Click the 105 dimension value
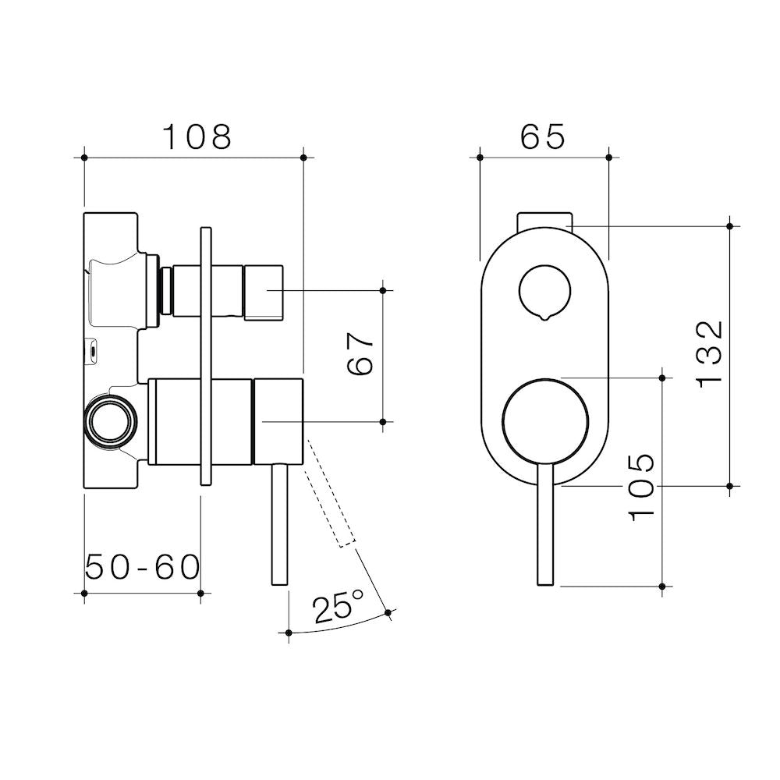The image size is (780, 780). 641,487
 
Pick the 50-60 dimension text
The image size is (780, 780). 142,567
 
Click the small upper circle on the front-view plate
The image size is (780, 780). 544,293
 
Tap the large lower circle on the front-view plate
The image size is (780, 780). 545,422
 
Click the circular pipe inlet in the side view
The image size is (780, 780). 111,419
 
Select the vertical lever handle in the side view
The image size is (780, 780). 280,525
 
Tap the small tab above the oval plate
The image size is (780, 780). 544,221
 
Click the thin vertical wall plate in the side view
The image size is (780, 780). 206,356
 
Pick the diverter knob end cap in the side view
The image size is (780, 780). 263,292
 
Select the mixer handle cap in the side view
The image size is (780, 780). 278,422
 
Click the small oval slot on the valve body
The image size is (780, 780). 92,351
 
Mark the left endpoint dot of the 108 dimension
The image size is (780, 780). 84,158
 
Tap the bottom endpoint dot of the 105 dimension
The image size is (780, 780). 662,587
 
